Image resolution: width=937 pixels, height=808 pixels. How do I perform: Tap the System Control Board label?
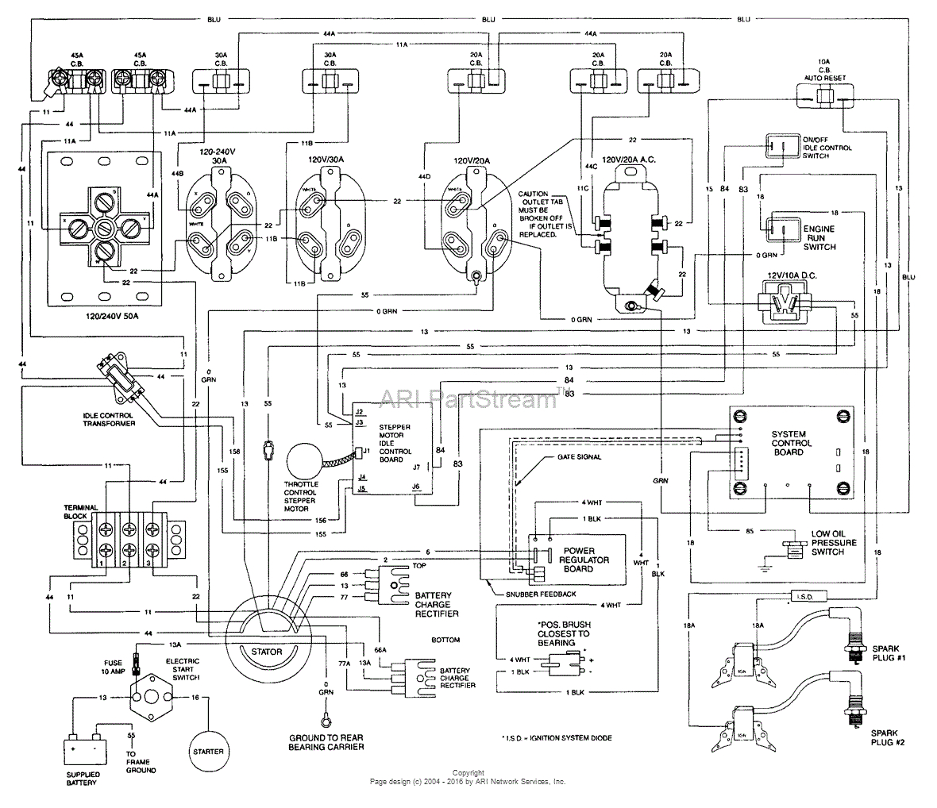point(789,443)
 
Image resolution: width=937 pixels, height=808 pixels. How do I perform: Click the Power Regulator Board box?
point(584,560)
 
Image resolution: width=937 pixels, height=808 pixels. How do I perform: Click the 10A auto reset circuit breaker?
point(826,97)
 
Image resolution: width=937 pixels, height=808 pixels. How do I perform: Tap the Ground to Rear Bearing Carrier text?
point(326,742)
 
